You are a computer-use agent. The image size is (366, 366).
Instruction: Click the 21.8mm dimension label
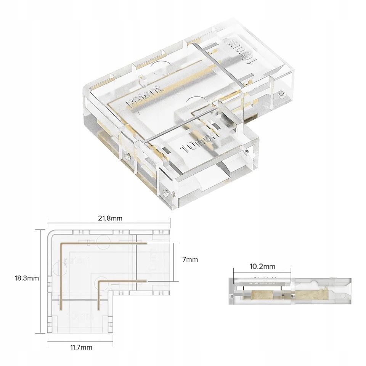coord(109,218)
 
